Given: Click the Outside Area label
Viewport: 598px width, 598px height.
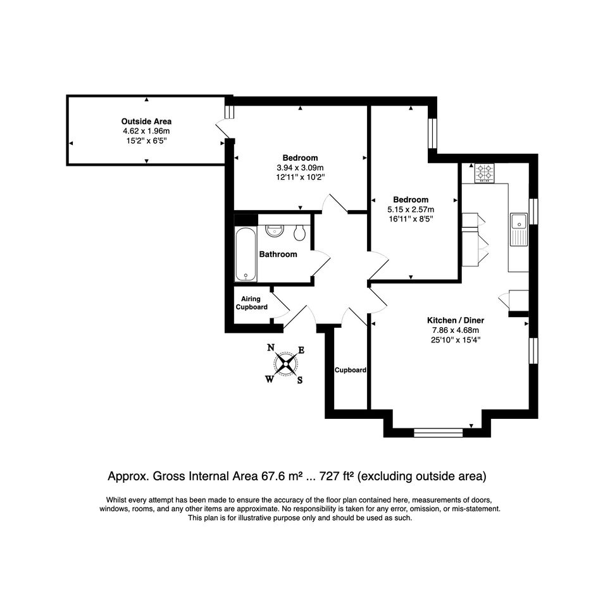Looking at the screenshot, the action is pyautogui.click(x=146, y=121).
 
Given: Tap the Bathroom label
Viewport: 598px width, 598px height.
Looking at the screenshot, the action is pyautogui.click(x=278, y=254).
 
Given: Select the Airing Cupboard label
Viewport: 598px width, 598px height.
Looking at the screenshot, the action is pyautogui.click(x=251, y=303).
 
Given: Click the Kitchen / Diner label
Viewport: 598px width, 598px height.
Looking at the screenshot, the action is pyautogui.click(x=456, y=320).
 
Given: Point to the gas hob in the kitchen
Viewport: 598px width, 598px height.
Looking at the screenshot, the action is pyautogui.click(x=484, y=173).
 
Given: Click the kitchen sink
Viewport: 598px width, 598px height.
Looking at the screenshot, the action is pyautogui.click(x=519, y=230).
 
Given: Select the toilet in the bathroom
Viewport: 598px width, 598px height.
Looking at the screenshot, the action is pyautogui.click(x=300, y=232).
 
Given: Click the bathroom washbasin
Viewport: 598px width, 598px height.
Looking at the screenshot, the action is pyautogui.click(x=275, y=230).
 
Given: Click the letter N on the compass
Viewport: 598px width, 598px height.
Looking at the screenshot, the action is pyautogui.click(x=271, y=347).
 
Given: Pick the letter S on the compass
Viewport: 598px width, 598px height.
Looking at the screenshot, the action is pyautogui.click(x=300, y=380).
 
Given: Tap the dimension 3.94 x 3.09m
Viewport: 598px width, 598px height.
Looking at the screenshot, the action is pyautogui.click(x=300, y=168).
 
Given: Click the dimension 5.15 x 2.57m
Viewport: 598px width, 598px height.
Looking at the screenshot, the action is pyautogui.click(x=411, y=209).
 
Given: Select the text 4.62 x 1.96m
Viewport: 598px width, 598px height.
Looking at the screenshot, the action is pyautogui.click(x=146, y=131).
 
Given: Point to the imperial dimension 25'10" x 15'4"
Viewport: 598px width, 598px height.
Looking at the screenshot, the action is pyautogui.click(x=456, y=340).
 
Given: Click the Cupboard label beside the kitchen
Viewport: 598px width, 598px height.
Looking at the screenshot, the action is pyautogui.click(x=351, y=370).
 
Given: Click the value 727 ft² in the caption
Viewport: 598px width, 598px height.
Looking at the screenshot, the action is pyautogui.click(x=337, y=477).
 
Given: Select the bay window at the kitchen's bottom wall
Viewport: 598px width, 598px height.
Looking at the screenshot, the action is pyautogui.click(x=438, y=432).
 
